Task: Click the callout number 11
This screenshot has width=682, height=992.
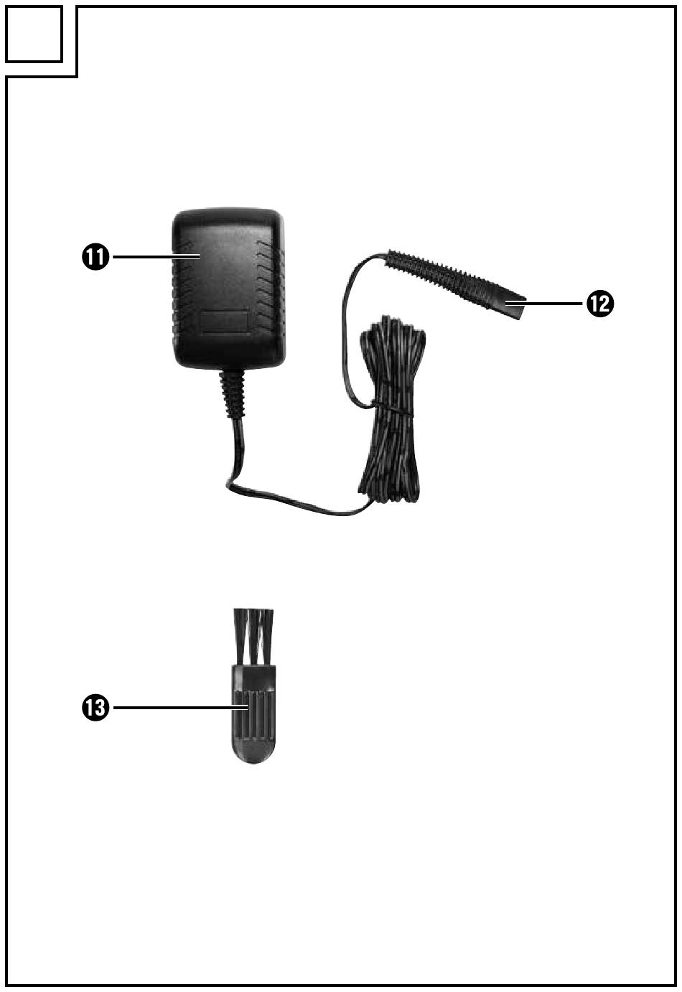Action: tap(95, 257)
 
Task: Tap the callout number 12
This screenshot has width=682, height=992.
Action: tap(599, 304)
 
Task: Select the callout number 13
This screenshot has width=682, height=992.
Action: tap(95, 708)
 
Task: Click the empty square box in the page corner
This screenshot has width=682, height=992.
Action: tap(33, 33)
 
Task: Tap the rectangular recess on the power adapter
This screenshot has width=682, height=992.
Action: tap(225, 321)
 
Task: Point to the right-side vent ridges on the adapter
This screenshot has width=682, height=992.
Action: tap(270, 287)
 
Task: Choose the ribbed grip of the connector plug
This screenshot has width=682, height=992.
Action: tap(438, 276)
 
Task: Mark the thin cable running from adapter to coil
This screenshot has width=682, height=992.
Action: tap(287, 502)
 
